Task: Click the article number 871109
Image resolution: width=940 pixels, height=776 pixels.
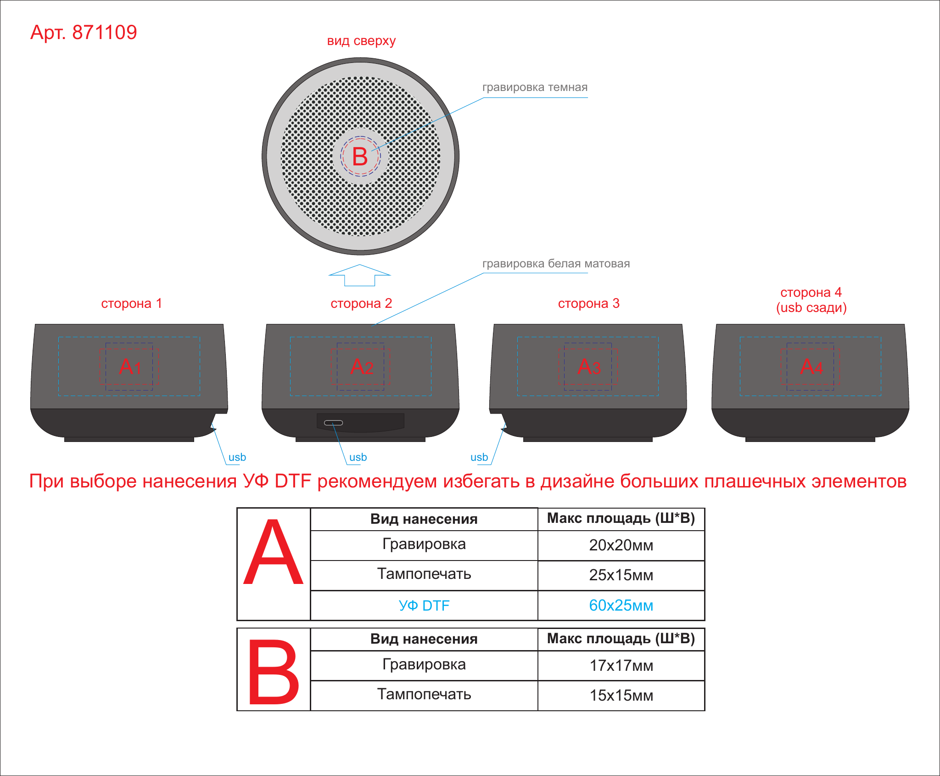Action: pos(105,33)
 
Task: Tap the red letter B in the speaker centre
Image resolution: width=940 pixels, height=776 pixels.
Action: pos(360,157)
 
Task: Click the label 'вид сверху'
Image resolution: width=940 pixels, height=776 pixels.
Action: pos(361,41)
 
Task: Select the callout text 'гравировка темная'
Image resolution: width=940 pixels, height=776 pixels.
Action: pos(535,87)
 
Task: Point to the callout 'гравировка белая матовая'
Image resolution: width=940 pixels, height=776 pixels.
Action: pos(556,264)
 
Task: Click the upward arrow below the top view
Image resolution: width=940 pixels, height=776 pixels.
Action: pos(360,275)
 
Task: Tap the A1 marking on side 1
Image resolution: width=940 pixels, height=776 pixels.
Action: pos(130,366)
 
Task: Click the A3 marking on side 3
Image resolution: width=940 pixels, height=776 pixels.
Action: pos(589,366)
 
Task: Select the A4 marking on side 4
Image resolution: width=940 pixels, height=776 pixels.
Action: pos(811,366)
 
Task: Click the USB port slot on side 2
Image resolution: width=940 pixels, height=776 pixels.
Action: pos(334,423)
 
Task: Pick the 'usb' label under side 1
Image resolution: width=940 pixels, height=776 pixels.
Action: pos(237,458)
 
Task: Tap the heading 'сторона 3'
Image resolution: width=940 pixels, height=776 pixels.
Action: pos(589,303)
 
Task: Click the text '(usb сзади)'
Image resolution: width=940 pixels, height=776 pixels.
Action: pos(811,308)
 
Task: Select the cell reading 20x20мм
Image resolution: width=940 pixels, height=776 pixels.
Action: pos(621,545)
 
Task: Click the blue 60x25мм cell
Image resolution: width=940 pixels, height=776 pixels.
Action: pos(621,606)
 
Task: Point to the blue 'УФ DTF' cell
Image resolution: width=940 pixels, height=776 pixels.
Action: pos(424,606)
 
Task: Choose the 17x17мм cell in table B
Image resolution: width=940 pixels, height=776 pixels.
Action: pos(621,666)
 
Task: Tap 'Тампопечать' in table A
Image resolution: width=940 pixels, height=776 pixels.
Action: pos(424,574)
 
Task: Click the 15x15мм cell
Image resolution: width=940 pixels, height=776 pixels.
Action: pos(621,696)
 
